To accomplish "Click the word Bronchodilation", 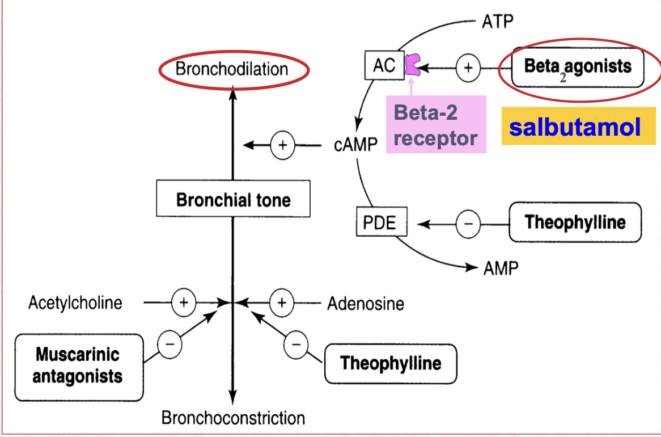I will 232,69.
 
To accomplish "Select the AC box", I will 384,66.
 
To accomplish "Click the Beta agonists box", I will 577,67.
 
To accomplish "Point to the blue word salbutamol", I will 575,127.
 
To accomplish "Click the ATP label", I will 498,22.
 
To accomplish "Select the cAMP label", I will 355,145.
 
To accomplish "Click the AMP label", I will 501,268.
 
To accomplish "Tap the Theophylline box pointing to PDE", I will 575,222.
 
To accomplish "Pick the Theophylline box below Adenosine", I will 391,363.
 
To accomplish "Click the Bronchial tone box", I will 233,200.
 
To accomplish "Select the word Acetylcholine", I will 75,302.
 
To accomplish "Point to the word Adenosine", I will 366,304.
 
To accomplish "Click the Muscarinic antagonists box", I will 79,366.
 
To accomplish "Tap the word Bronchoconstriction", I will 233,418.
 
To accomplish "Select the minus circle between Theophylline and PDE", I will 468,224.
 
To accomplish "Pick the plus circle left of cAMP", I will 282,145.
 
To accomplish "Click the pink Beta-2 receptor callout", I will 436,124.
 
